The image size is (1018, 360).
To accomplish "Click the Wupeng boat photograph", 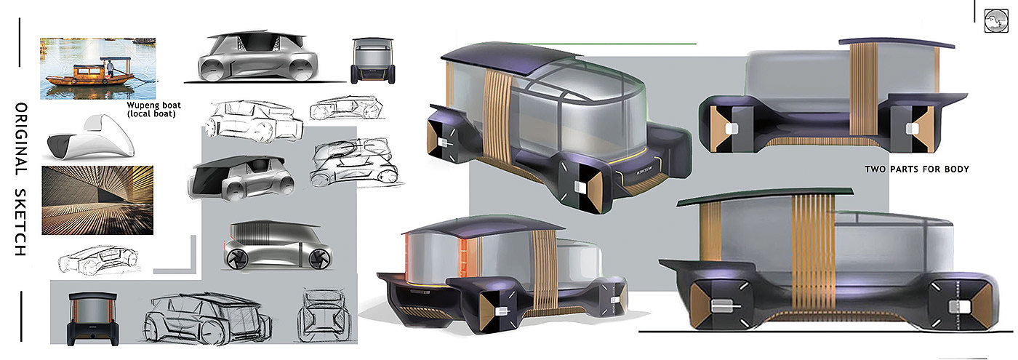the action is click(x=97, y=68).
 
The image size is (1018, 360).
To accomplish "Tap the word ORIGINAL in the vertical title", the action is click(x=21, y=139).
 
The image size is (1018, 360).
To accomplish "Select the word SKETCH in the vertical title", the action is click(x=21, y=223).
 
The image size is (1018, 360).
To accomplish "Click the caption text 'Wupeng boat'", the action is click(x=153, y=105).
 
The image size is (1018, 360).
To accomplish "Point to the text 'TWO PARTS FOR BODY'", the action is click(x=917, y=169).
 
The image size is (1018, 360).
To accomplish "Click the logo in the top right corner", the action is click(x=996, y=21).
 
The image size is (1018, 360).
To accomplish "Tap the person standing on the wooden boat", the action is click(x=111, y=68).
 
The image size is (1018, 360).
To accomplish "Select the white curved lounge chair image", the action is click(x=92, y=137).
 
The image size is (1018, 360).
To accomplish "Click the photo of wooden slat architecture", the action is click(x=97, y=200).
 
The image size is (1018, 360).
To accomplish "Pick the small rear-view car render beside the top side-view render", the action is click(x=372, y=61).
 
